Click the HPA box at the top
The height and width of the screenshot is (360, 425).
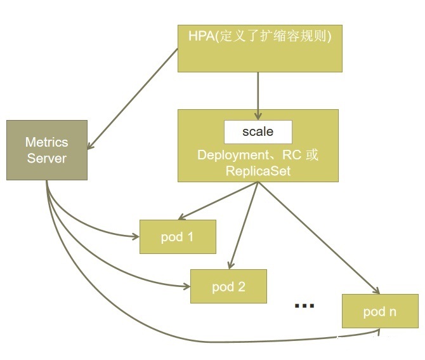tap(259, 48)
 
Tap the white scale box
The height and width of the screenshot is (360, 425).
tap(258, 132)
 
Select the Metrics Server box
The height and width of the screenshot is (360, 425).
tap(46, 150)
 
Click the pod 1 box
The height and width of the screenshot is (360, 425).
tap(178, 237)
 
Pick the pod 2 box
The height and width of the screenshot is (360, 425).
tap(228, 286)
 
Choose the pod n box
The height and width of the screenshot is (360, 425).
tap(380, 311)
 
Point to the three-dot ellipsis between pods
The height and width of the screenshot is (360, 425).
tap(304, 306)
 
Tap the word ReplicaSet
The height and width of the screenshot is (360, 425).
tap(258, 171)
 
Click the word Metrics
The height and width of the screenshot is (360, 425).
tap(46, 142)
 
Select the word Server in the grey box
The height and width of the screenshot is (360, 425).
tap(46, 158)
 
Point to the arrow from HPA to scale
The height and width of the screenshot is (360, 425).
tap(257, 95)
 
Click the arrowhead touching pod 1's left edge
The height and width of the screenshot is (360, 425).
tap(135, 237)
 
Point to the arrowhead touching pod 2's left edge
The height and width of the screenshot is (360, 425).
tap(186, 287)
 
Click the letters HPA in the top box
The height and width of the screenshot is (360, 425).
tap(201, 36)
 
